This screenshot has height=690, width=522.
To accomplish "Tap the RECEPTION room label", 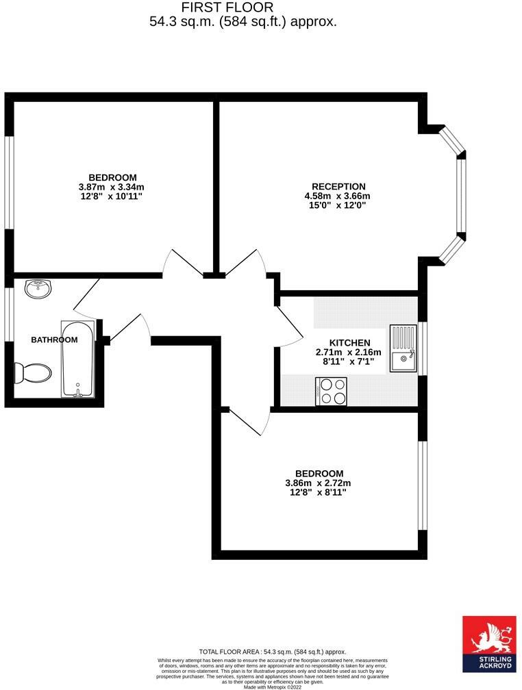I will tap(338, 186).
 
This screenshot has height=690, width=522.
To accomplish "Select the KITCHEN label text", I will tap(349, 343).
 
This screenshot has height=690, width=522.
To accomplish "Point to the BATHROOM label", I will tap(54, 340).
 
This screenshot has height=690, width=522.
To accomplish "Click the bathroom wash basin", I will tap(38, 289).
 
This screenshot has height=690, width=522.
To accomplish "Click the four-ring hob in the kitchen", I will tap(332, 392).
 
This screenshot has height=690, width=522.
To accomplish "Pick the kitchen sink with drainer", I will tap(403, 348).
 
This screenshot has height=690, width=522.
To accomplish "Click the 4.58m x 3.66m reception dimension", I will tap(338, 196).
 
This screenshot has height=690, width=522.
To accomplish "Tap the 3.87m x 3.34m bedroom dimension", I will tap(112, 187).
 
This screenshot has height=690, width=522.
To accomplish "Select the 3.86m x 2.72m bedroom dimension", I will tap(319, 483).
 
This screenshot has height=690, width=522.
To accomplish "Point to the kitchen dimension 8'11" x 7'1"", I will tap(349, 361).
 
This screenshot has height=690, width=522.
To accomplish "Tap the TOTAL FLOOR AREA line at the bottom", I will tap(272, 652).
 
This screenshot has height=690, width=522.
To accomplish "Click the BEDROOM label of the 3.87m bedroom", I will tap(112, 177).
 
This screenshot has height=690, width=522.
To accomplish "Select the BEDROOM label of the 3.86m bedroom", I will tap(319, 473).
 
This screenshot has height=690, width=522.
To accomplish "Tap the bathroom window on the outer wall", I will tap(9, 314).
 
